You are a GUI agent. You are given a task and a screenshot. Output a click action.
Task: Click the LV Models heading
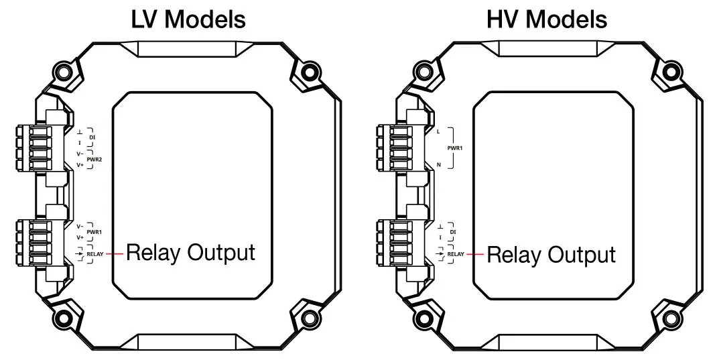[x=188, y=19]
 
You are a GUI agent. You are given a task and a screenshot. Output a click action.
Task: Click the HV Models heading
[x=547, y=19]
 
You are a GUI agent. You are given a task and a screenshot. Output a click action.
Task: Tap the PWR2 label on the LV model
[x=93, y=159]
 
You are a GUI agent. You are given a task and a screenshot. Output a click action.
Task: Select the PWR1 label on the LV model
[x=93, y=232]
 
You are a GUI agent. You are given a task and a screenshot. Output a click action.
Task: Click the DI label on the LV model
[x=92, y=137]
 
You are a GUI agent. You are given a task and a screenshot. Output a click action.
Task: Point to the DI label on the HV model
[x=454, y=232]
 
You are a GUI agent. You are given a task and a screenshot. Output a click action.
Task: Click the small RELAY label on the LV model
[x=94, y=254]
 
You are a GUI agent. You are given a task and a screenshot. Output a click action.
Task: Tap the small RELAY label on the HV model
[x=456, y=254]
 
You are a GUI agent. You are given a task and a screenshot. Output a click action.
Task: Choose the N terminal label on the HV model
[x=439, y=164]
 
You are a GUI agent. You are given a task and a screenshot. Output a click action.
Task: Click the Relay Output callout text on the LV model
[x=191, y=253]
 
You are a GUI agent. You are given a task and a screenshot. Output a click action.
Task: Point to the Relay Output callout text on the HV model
[x=551, y=255]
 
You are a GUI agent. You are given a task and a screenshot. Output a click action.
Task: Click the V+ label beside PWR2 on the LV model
[x=80, y=164]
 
